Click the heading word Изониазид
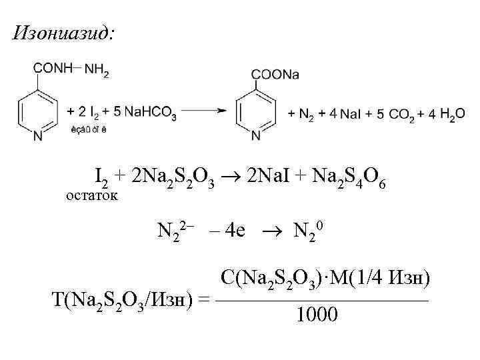[63, 33]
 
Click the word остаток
[91, 195]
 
